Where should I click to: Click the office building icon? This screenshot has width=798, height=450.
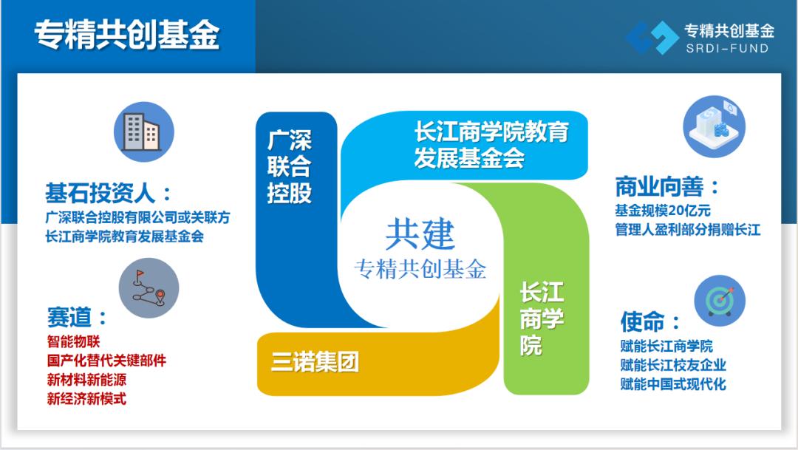point(144,132)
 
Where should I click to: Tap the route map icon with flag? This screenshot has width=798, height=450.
point(149,288)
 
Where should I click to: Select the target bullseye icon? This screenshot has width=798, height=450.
point(720,301)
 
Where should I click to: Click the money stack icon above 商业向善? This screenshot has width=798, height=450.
point(714,126)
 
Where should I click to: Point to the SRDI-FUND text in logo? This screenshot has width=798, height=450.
point(727,49)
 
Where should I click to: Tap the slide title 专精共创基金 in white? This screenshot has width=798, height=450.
point(127,35)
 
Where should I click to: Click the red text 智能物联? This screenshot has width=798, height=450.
point(73,341)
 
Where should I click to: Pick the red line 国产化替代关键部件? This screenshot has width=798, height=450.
point(106,361)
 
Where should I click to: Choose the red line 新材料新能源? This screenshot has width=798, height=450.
point(86,379)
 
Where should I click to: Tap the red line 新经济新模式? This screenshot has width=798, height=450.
point(86,398)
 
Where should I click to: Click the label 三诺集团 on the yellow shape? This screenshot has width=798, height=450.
point(315,362)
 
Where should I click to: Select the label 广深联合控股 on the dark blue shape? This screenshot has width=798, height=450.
point(289,167)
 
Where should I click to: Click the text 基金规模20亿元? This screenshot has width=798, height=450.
point(663,211)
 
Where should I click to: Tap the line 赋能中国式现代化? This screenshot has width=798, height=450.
point(673,383)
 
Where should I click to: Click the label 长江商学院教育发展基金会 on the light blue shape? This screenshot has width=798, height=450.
point(491,145)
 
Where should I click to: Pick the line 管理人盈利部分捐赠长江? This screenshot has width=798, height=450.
point(688,230)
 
